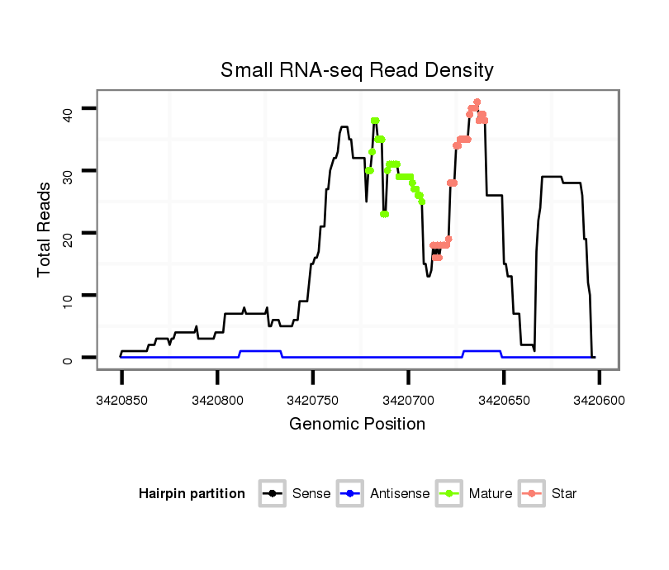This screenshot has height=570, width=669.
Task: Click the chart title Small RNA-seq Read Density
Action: pos(357,70)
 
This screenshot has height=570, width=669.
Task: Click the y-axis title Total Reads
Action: pos(45,229)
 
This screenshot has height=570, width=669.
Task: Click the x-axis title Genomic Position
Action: pos(357,425)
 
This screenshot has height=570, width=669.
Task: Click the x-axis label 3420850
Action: pos(121,400)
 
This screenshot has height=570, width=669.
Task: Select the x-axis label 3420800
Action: pos(217,400)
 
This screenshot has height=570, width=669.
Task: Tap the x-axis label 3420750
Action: pos(313,400)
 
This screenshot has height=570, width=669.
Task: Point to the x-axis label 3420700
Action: pos(408,400)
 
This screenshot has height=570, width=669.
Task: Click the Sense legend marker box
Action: pos(272,494)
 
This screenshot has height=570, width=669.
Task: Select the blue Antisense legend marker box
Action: pos(350,494)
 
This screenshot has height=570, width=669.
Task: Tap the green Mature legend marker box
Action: pos(449,494)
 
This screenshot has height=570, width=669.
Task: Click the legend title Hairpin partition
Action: pos(192,494)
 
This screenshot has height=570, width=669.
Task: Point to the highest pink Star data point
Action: pos(477,102)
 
